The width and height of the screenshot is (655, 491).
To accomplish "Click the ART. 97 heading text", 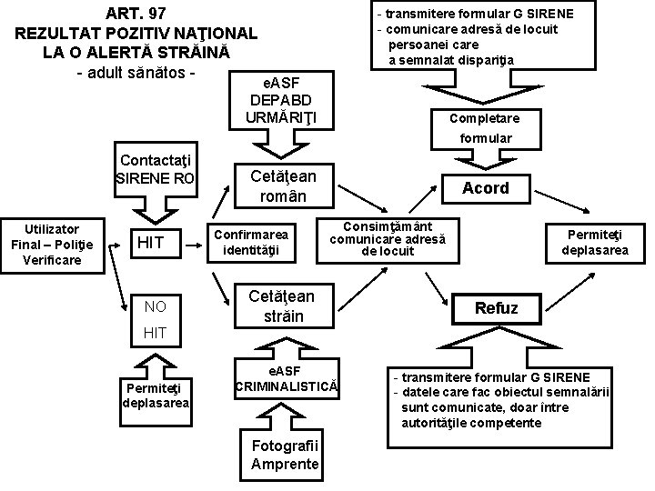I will (136, 14).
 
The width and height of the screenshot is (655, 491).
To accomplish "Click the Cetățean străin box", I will (282, 306).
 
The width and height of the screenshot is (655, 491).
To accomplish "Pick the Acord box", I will (486, 188).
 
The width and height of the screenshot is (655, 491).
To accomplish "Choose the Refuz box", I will (496, 307).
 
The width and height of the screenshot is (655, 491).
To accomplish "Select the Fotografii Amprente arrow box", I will (285, 453).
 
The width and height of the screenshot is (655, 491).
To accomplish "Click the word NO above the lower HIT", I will (155, 307).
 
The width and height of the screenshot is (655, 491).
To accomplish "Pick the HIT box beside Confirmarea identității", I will (150, 242).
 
